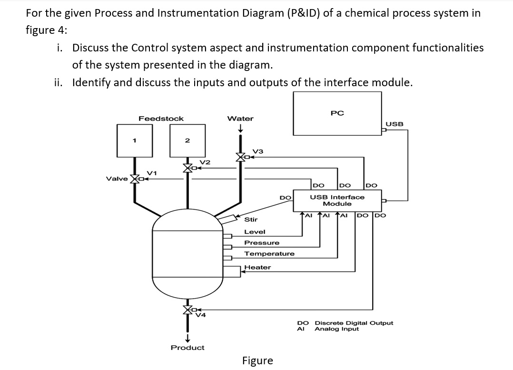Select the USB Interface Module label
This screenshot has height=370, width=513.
[x=337, y=200]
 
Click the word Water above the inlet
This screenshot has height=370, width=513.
[x=240, y=118]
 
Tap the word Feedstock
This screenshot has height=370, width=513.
[x=161, y=118]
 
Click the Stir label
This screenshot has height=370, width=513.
[x=251, y=220]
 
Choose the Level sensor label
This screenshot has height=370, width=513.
[x=255, y=231]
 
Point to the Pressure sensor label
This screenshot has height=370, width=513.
[x=262, y=242]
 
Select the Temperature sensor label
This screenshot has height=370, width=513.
[x=269, y=254]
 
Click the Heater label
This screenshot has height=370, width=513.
[x=257, y=267]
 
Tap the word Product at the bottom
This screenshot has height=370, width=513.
[x=187, y=348]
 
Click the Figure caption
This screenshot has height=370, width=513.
[x=257, y=360]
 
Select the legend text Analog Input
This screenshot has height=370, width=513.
[x=337, y=329]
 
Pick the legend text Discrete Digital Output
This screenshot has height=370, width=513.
[x=354, y=323]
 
